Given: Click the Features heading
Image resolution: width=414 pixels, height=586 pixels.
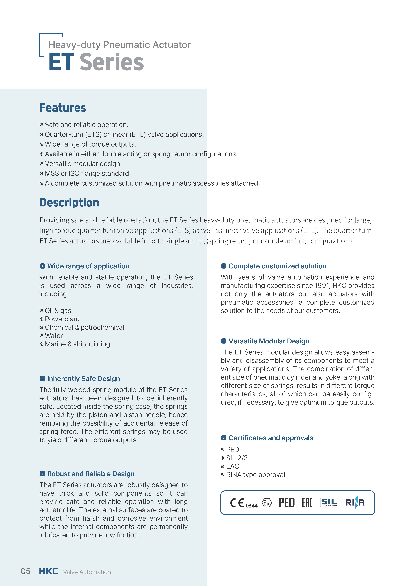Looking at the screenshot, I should (63, 108).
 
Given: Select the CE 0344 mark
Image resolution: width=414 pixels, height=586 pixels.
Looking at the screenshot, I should (244, 503).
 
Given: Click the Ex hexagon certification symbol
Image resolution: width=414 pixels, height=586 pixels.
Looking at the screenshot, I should (267, 503).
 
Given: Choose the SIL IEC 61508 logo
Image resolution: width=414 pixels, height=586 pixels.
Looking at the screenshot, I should (329, 502).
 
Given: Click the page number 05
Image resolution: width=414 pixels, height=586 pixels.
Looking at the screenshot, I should (26, 571).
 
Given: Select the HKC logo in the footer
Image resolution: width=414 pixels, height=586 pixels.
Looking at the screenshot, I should (48, 571).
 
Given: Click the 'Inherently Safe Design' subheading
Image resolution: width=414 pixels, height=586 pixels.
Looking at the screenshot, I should (83, 379).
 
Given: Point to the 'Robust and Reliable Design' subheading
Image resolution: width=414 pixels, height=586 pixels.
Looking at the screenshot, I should (91, 474).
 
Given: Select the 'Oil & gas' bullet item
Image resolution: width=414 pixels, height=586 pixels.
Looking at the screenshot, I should (58, 311).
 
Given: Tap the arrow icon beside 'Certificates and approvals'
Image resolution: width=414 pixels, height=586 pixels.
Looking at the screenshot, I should (224, 438).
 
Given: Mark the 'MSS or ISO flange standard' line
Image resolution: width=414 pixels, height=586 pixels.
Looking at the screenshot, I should (87, 174).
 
